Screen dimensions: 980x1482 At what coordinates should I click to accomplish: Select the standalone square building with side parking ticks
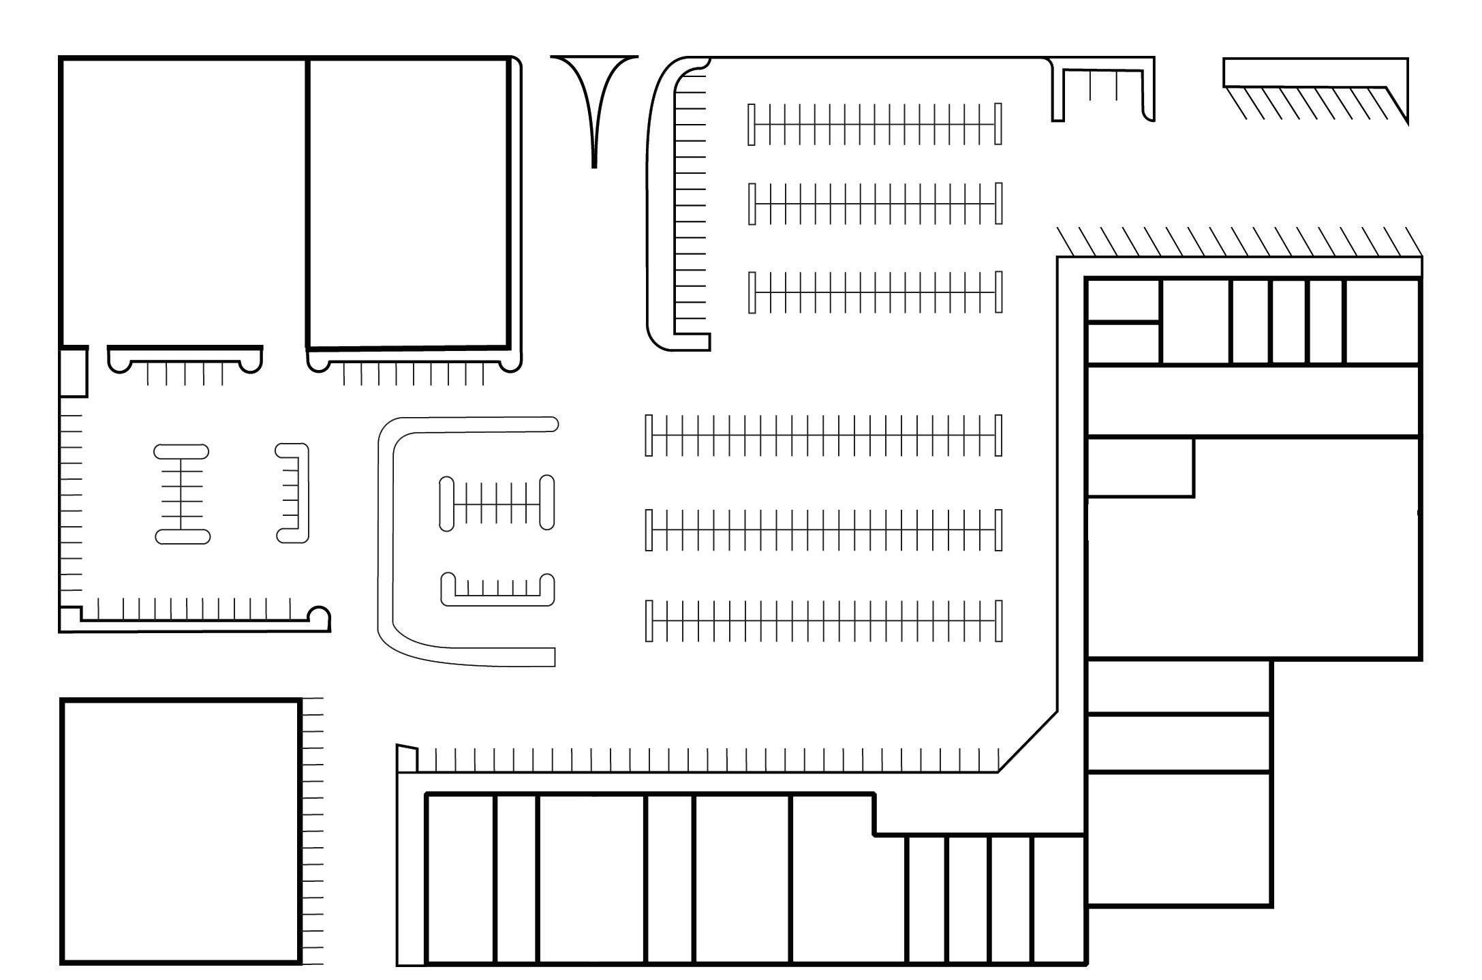(x=181, y=831)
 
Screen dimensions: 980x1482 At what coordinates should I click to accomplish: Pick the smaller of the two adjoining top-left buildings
(x=407, y=202)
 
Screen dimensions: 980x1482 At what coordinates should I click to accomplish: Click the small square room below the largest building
(x=74, y=372)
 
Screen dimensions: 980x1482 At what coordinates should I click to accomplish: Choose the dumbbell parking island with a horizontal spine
(x=497, y=503)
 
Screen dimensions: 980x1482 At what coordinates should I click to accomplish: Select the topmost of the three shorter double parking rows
(x=875, y=124)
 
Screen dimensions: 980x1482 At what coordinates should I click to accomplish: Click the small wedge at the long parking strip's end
(x=407, y=759)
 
